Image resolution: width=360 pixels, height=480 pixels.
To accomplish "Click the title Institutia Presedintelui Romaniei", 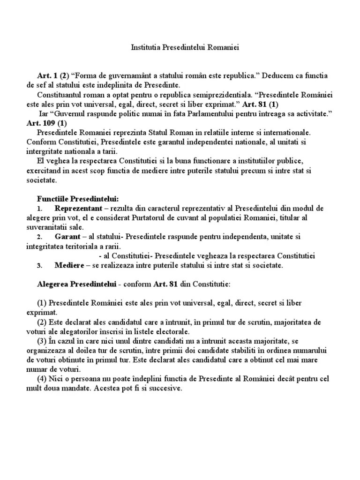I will point(180,48).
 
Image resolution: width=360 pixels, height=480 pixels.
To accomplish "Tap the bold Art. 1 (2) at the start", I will point(53,75).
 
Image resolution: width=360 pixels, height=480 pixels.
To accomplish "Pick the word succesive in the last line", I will point(166,389).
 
